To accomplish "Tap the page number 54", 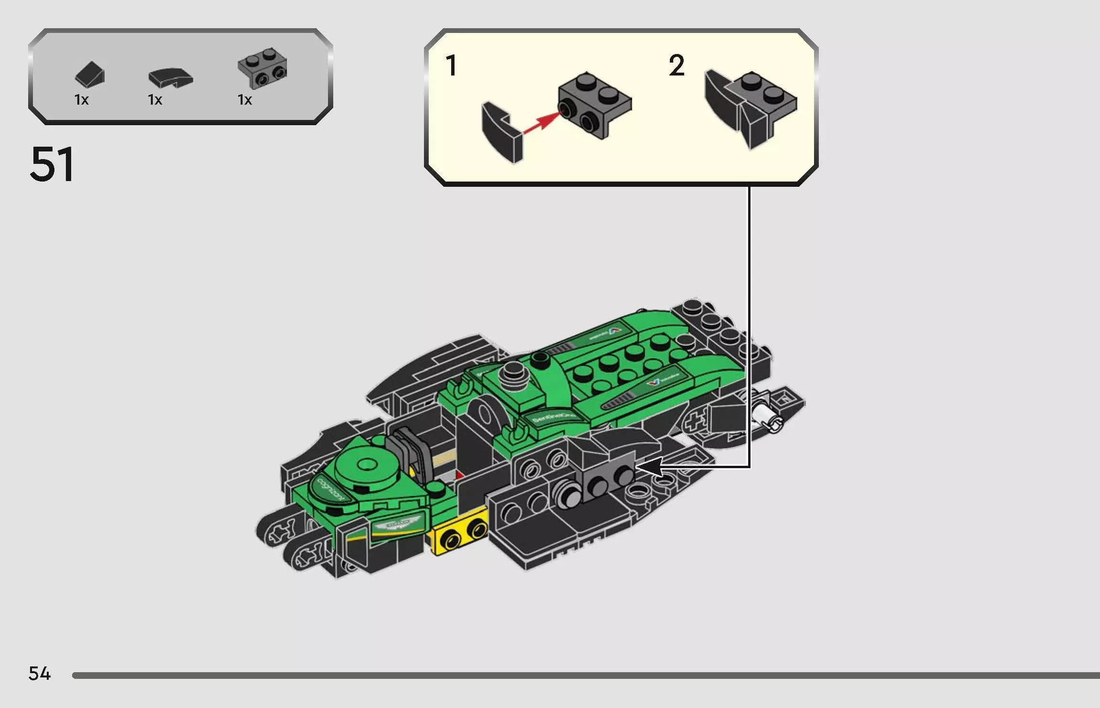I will [x=40, y=674].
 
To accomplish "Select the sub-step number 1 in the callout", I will [x=451, y=65].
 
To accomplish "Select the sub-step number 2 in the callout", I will [x=677, y=65].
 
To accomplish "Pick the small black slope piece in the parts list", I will [x=89, y=75].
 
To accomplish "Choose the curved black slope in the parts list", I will [x=170, y=78].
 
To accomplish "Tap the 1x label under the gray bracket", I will [x=245, y=100].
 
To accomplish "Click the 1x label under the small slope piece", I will [x=82, y=100].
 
